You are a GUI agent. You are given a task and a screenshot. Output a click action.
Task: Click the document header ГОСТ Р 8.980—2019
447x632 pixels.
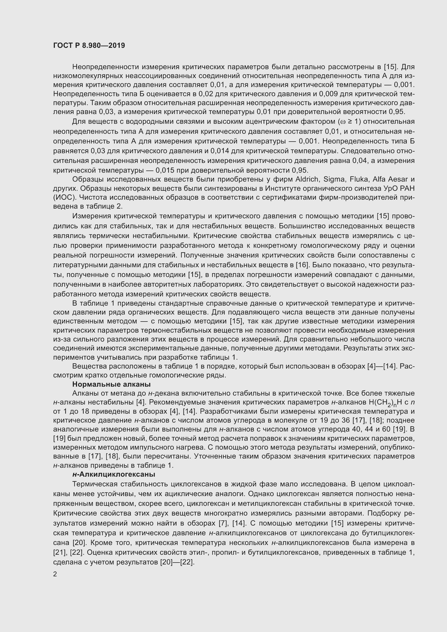[89, 45]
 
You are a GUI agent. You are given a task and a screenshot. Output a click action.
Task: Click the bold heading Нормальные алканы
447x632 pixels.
[111, 384]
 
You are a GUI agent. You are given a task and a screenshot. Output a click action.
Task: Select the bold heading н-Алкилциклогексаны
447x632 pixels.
[114, 474]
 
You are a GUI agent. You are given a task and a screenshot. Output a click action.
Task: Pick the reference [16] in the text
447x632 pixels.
[301, 265]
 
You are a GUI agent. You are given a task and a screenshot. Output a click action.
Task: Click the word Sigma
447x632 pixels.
[334, 179]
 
